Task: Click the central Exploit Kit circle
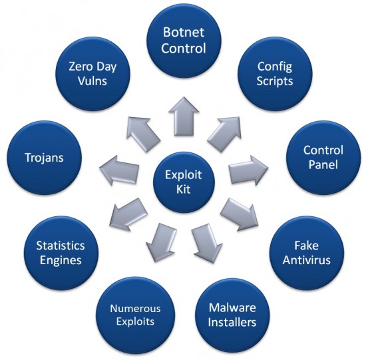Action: point(182,179)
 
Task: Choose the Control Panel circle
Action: point(323,158)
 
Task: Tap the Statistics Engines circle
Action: point(61,252)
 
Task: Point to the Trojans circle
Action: point(42,158)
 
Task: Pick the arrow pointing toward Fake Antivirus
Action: point(238,212)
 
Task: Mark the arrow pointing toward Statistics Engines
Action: point(126,213)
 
